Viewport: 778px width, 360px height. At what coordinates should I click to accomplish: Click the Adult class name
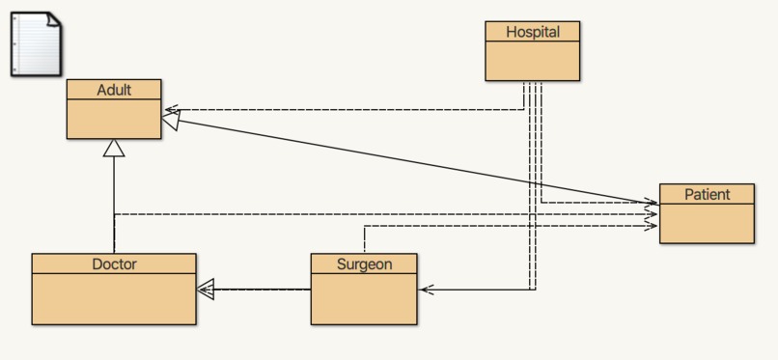pos(114,90)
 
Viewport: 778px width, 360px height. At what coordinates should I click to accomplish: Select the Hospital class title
pos(533,32)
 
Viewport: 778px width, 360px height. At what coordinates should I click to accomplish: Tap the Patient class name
pos(707,194)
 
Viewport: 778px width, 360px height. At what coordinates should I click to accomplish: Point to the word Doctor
pos(114,263)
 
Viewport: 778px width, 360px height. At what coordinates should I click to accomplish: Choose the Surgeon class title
pos(364,263)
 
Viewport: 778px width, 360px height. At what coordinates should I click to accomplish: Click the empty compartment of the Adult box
pos(114,119)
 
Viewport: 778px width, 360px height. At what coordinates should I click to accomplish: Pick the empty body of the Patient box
pos(707,223)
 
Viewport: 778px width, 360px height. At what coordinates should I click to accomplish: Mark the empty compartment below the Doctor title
pos(114,298)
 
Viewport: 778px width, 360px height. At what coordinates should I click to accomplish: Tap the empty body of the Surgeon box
pos(364,298)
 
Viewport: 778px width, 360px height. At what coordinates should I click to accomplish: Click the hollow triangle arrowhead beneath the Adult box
pos(114,148)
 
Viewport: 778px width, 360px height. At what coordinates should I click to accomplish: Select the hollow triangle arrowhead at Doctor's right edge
pos(205,288)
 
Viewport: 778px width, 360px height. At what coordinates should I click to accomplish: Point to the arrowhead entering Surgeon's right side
pos(426,289)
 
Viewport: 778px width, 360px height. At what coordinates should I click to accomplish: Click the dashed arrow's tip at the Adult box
pos(168,109)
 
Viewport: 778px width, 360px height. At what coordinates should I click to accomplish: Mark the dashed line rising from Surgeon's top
pos(364,239)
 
